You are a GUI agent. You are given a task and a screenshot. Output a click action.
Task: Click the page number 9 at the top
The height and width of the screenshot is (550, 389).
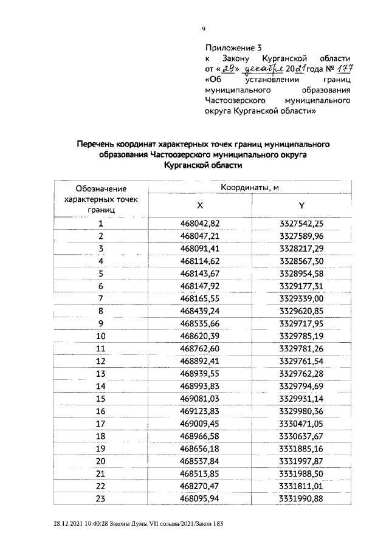click(x=204, y=28)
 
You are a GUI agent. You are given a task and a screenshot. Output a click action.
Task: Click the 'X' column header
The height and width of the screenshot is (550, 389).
click(x=200, y=205)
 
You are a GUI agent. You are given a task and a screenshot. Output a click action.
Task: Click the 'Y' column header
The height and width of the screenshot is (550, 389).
click(x=301, y=205)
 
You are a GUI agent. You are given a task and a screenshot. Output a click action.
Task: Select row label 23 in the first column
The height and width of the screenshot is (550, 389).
click(x=101, y=498)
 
